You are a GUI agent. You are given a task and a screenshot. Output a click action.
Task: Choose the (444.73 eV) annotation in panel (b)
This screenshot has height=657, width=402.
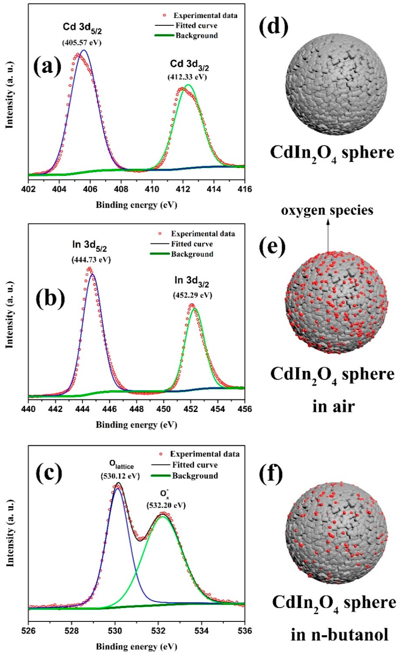tap(91, 260)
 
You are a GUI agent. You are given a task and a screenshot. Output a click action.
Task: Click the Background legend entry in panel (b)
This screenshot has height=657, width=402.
tap(192, 254)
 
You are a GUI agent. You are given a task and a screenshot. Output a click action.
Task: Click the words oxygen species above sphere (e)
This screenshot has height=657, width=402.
tap(327, 210)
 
